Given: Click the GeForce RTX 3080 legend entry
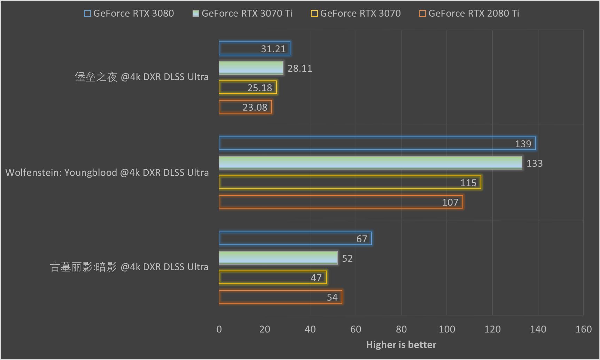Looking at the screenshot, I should pyautogui.click(x=129, y=14).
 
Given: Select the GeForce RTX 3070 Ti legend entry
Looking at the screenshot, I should pyautogui.click(x=243, y=14).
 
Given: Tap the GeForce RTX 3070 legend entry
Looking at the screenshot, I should pyautogui.click(x=356, y=14).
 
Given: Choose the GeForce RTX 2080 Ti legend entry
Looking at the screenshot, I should pyautogui.click(x=469, y=14).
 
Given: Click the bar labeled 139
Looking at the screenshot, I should pyautogui.click(x=377, y=144).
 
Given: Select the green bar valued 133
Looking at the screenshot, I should pyautogui.click(x=371, y=163).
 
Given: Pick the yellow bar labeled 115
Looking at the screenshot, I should pyautogui.click(x=350, y=182).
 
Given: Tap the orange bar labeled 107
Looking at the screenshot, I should pyautogui.click(x=341, y=202).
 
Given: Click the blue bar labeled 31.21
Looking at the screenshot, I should pyautogui.click(x=255, y=49).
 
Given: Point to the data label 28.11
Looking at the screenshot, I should pyautogui.click(x=300, y=68).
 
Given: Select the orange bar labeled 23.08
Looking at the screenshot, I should pyautogui.click(x=245, y=107).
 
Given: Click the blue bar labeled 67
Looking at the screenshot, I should pyautogui.click(x=295, y=239).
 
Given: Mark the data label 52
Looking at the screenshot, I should pyautogui.click(x=347, y=258).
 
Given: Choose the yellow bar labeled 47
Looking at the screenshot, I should pyautogui.click(x=273, y=278).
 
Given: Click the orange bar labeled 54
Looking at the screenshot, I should pyautogui.click(x=280, y=297).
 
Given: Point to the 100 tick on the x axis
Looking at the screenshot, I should pyautogui.click(x=447, y=329).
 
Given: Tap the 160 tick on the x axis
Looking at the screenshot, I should pyautogui.click(x=583, y=329).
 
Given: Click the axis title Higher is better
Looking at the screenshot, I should pyautogui.click(x=401, y=345).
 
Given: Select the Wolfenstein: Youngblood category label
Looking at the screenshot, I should pyautogui.click(x=107, y=173).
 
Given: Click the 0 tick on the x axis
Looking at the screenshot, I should pyautogui.click(x=219, y=329).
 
